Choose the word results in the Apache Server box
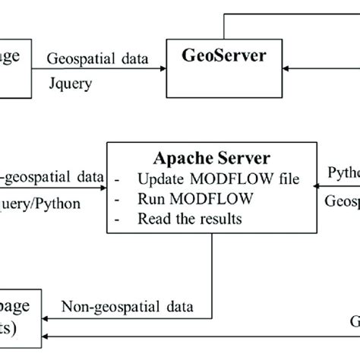pos(220,219)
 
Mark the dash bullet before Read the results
pos(120,219)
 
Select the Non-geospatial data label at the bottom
pos(127,307)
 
